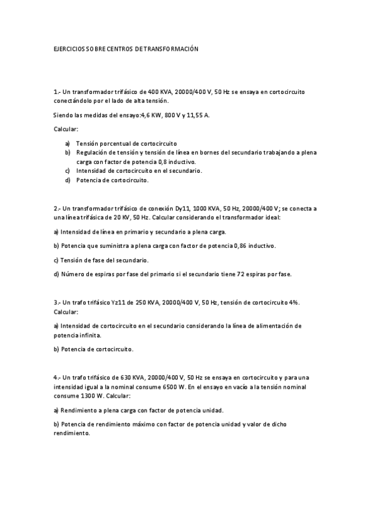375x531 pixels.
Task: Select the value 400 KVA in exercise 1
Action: click(x=161, y=91)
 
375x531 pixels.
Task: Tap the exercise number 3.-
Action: click(x=57, y=302)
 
